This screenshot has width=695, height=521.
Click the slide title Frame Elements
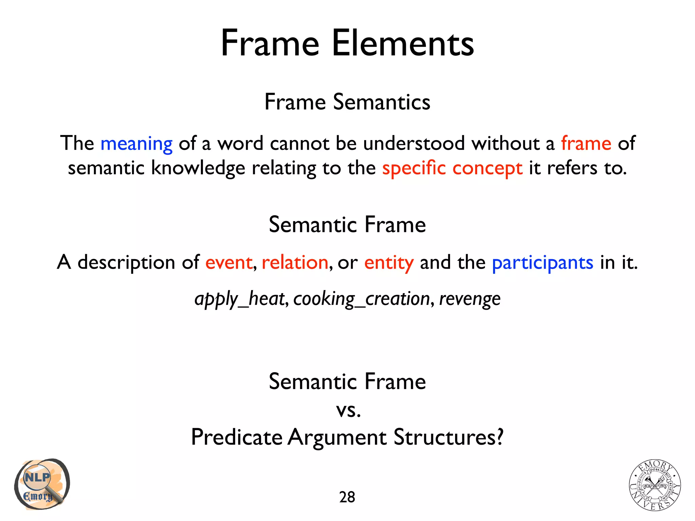[347, 43]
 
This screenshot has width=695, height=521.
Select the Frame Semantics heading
[347, 102]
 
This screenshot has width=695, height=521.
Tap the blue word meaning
[136, 143]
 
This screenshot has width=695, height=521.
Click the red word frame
[586, 143]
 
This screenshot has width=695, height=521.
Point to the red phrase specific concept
[452, 168]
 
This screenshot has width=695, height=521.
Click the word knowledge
[198, 168]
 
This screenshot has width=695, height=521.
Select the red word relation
[295, 263]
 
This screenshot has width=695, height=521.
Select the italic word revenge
[470, 299]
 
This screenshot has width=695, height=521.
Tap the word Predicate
[237, 437]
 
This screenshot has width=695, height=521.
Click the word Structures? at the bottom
[448, 437]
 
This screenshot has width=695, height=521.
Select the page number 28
[347, 497]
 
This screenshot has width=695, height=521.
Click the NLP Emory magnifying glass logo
[41, 484]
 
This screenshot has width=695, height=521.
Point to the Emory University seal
[655, 485]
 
